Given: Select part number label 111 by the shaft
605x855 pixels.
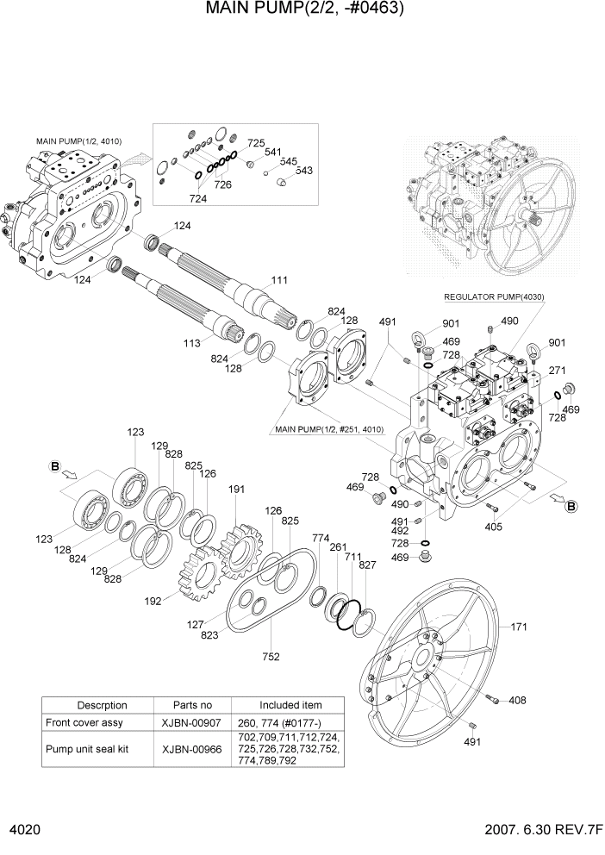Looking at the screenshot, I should pos(279,281).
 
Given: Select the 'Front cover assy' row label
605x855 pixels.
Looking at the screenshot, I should pos(83,722).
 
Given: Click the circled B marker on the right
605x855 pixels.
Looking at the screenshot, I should pos(571,507).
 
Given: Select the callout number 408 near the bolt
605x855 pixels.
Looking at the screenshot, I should pos(517,700).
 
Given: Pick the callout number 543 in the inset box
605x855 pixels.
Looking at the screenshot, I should pos(303,171).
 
